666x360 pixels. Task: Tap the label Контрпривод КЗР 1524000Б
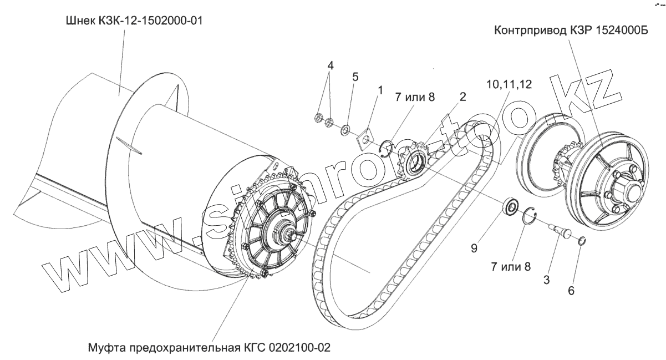pos(571,31)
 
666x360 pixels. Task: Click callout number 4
pos(331,65)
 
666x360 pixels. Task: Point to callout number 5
pos(355,77)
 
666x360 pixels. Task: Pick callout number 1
pos(380,89)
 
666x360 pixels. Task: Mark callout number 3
pos(547,280)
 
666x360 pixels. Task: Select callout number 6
pos(571,290)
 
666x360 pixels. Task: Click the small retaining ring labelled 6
pos(582,241)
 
